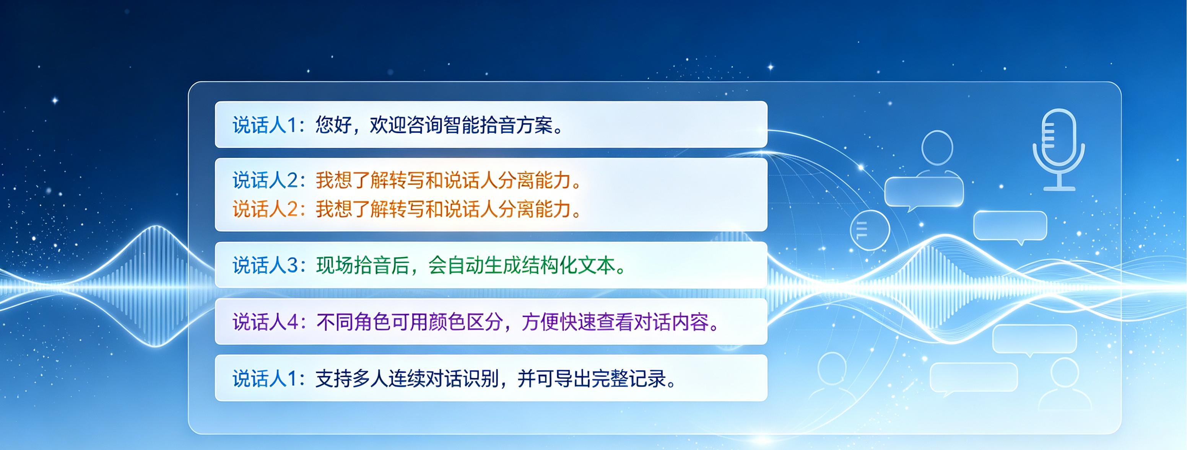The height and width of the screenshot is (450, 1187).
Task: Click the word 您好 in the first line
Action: (x=333, y=125)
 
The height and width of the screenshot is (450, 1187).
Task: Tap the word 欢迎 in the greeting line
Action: (x=388, y=125)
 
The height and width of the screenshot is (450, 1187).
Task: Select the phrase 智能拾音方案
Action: (x=498, y=125)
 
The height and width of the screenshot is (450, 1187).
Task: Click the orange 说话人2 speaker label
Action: (x=265, y=209)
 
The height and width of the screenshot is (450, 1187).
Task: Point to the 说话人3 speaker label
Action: (x=265, y=265)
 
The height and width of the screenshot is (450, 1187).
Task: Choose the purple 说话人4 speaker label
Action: (x=265, y=322)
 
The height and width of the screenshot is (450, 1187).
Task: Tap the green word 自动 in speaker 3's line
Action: (x=465, y=265)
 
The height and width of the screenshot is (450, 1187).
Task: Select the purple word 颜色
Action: (x=447, y=322)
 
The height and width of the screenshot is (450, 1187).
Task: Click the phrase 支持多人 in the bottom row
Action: (x=352, y=378)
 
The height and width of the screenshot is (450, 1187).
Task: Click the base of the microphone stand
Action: (x=1059, y=188)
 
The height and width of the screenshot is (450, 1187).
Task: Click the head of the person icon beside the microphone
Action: (x=937, y=148)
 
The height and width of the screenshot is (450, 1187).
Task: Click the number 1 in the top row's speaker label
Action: (x=292, y=126)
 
